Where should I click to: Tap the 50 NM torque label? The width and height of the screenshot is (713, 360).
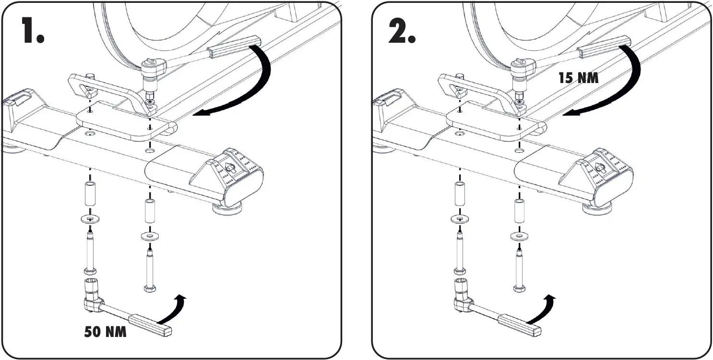pyautogui.click(x=106, y=332)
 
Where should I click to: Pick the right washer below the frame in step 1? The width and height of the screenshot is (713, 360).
pyautogui.click(x=150, y=236)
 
